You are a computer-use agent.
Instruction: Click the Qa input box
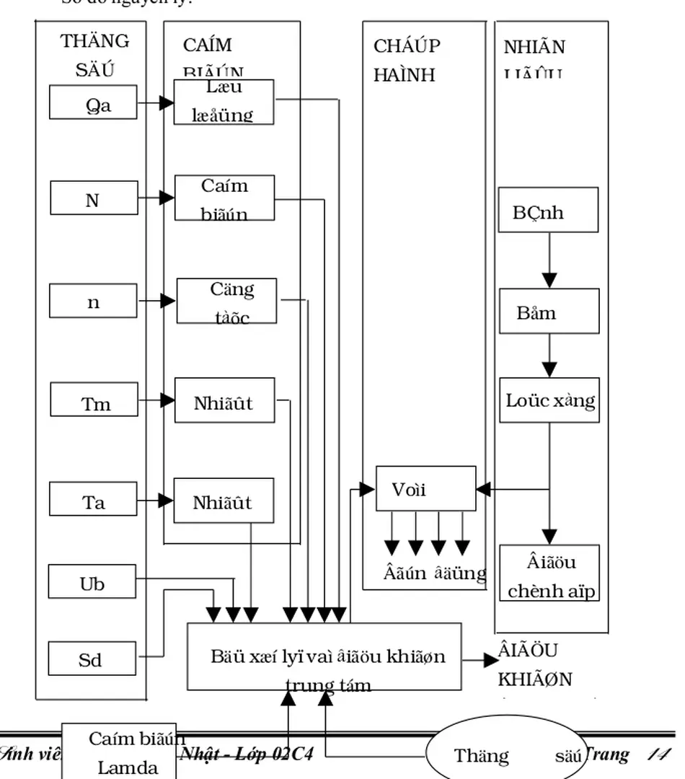tap(93, 102)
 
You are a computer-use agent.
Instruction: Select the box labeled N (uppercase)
tap(94, 198)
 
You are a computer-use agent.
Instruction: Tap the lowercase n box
tap(93, 301)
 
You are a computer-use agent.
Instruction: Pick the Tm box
tap(94, 400)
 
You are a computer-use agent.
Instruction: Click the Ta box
tap(93, 499)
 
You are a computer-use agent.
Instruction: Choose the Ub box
tap(92, 581)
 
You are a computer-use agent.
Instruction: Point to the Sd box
tap(92, 659)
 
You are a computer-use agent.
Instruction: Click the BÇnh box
tap(549, 210)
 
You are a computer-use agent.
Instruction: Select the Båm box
tap(549, 311)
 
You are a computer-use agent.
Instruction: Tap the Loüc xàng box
tap(549, 400)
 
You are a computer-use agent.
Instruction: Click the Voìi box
tap(425, 488)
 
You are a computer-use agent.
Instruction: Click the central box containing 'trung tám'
tap(324, 656)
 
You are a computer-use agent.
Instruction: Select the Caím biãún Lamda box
tap(119, 751)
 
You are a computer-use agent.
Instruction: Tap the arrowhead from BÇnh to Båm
tap(549, 279)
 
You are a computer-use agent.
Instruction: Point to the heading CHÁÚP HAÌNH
tap(408, 60)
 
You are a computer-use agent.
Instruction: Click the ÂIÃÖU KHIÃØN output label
tap(534, 664)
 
